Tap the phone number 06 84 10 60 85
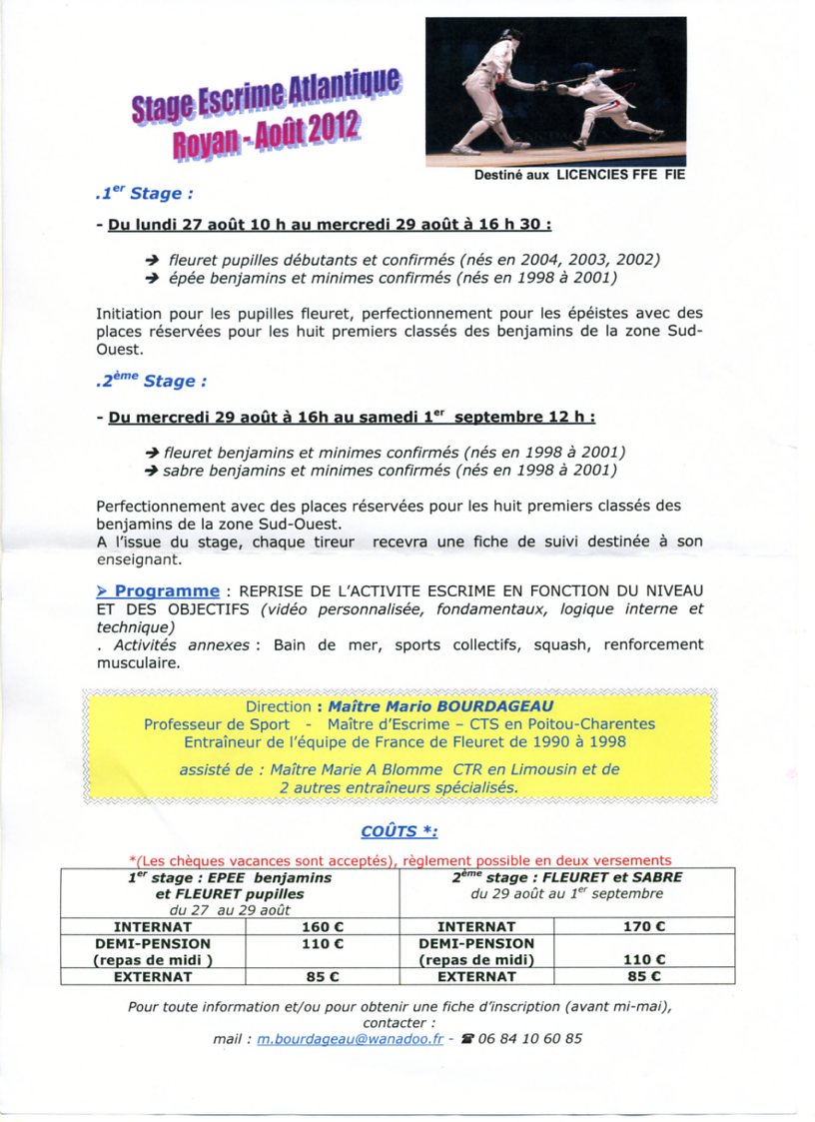pos(529,1038)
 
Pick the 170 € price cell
pos(643,926)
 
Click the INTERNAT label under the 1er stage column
pos(153,926)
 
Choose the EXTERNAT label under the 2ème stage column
pos(475,976)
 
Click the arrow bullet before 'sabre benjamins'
pos(152,470)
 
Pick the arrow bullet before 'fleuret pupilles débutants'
pos(153,260)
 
